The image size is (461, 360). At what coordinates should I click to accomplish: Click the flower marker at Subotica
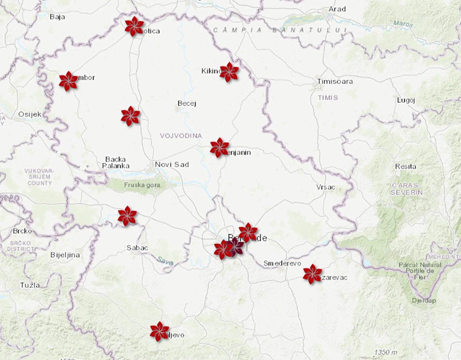coord(134,26)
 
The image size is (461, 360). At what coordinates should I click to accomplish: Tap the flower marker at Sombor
coord(68,81)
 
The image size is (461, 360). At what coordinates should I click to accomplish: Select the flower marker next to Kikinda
coord(229,72)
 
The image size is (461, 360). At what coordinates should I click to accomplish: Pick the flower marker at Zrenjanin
coord(219,147)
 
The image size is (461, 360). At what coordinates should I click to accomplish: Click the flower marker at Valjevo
coord(159,331)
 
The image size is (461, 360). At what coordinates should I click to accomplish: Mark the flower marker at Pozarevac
coord(312,274)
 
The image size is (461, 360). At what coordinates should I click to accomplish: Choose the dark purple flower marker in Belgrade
coord(234,246)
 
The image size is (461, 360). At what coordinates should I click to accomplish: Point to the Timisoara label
coord(335,81)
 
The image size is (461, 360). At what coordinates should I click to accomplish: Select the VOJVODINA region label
coord(181,135)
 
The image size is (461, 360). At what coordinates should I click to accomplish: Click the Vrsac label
coord(326,187)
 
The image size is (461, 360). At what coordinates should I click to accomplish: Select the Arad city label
coord(337,9)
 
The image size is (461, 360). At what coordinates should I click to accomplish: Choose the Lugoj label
coord(406,101)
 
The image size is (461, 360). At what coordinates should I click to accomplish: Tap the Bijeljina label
coord(65,255)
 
